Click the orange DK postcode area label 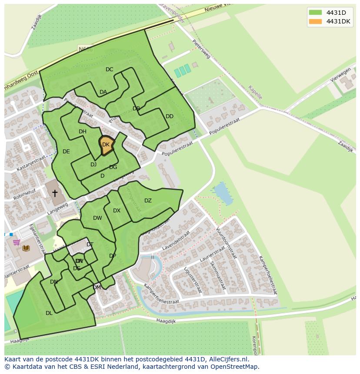pos(106,145)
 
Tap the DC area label pos(109,70)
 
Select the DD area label pos(170,116)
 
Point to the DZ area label pos(148,201)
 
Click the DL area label pos(49,313)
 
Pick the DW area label pos(97,218)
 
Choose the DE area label pos(66,152)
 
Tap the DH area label pos(83,132)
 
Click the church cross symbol pos(55,193)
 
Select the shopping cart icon pos(16,242)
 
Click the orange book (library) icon pos(26,248)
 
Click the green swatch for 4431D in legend pos(315,12)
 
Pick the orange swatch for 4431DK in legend pos(315,21)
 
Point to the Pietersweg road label pos(201,50)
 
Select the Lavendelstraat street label pos(176,241)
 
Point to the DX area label pos(117,211)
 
